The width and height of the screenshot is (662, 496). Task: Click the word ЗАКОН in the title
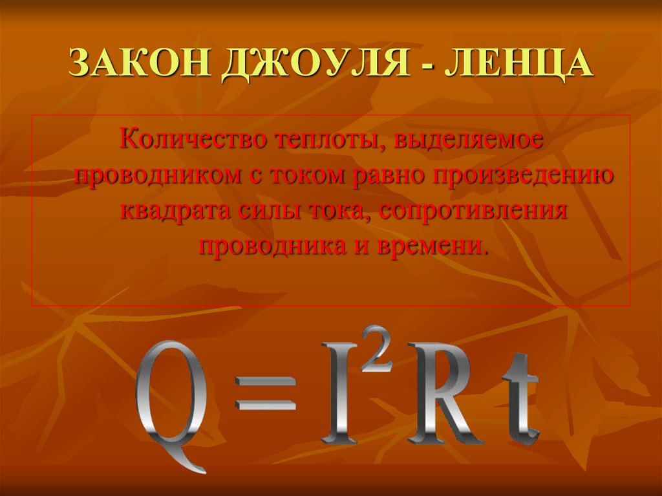click(140, 63)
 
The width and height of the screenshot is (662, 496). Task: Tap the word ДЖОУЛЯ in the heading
click(315, 64)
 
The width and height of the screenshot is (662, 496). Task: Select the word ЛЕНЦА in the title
click(518, 64)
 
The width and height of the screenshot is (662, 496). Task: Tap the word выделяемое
click(468, 141)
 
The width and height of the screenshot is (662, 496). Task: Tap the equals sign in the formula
click(266, 393)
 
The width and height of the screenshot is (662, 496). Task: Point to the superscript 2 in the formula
click(376, 349)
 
